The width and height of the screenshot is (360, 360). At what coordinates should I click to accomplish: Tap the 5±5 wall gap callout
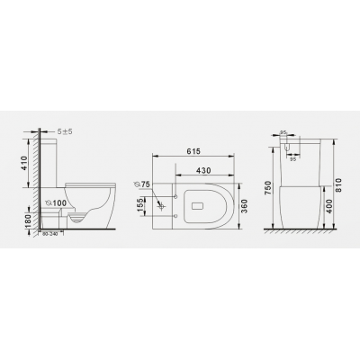click(65, 131)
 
